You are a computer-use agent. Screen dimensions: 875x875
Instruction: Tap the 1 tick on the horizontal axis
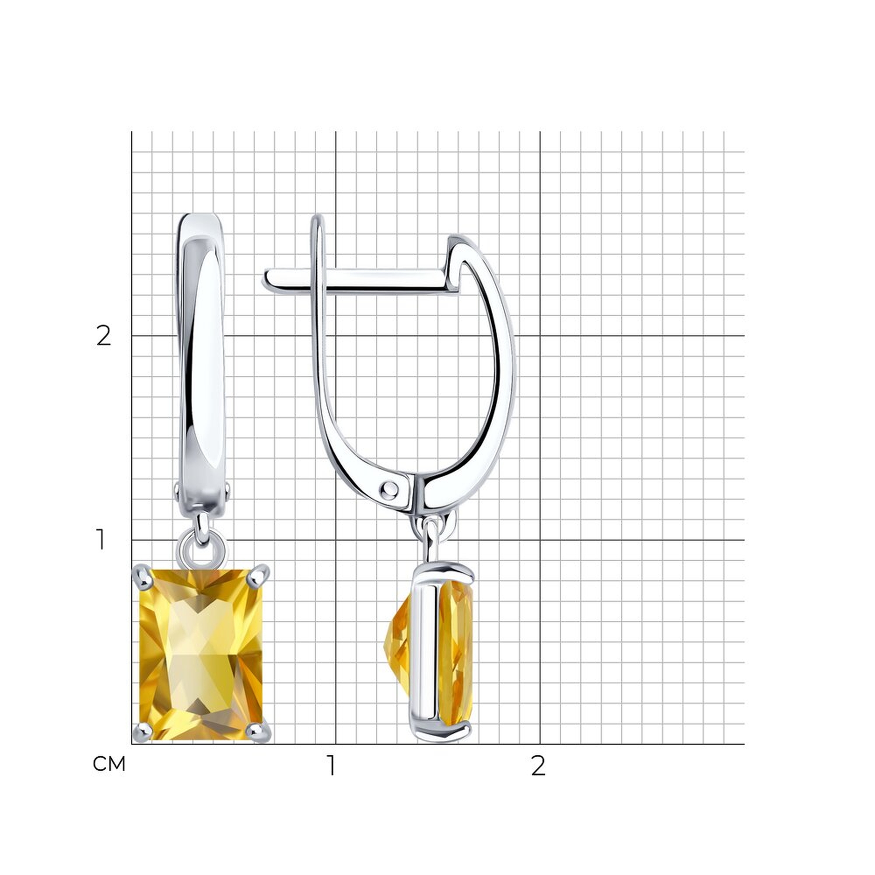[332, 765]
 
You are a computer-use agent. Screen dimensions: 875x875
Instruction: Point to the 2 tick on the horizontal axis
[538, 765]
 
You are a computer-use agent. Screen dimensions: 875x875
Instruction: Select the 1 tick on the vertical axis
[101, 539]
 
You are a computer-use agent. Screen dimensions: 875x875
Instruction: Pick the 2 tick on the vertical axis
[104, 336]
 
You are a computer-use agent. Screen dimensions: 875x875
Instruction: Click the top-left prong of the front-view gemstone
[142, 576]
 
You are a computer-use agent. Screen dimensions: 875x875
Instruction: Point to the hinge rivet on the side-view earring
[390, 489]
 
